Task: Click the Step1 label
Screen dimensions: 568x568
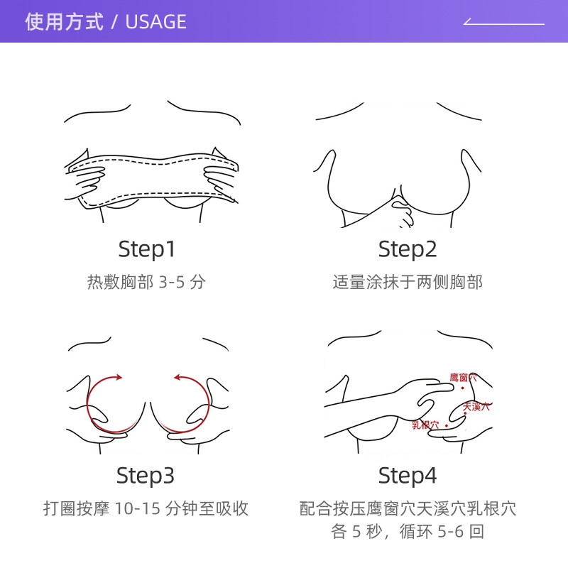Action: coord(147,249)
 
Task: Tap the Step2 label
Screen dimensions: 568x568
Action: coord(408,249)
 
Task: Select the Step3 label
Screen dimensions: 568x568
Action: coord(146,476)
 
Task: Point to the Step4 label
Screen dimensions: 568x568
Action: coord(408,476)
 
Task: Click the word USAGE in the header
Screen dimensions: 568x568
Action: coord(155,22)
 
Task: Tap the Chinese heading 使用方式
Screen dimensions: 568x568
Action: coord(64,22)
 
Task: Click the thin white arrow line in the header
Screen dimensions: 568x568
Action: coord(503,24)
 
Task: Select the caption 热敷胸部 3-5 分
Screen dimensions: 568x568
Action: coord(146,282)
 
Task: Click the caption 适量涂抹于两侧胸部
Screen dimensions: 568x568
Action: coord(408,282)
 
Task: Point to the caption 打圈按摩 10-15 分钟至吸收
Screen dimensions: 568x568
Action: coord(146,508)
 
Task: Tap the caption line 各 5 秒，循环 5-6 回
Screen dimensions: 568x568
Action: coord(408,532)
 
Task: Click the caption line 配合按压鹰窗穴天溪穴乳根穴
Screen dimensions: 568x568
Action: coord(408,508)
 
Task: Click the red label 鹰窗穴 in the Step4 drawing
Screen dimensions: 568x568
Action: coord(464,378)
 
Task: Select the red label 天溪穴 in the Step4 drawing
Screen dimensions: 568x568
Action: coord(476,407)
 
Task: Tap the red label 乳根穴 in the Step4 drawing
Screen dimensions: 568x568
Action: coord(425,425)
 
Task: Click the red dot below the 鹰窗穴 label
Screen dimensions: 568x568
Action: coord(463,388)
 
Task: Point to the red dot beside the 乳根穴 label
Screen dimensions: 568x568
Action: coord(447,425)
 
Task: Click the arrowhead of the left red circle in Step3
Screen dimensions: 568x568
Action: coord(119,378)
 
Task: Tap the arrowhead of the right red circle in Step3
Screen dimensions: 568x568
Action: coord(178,378)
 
